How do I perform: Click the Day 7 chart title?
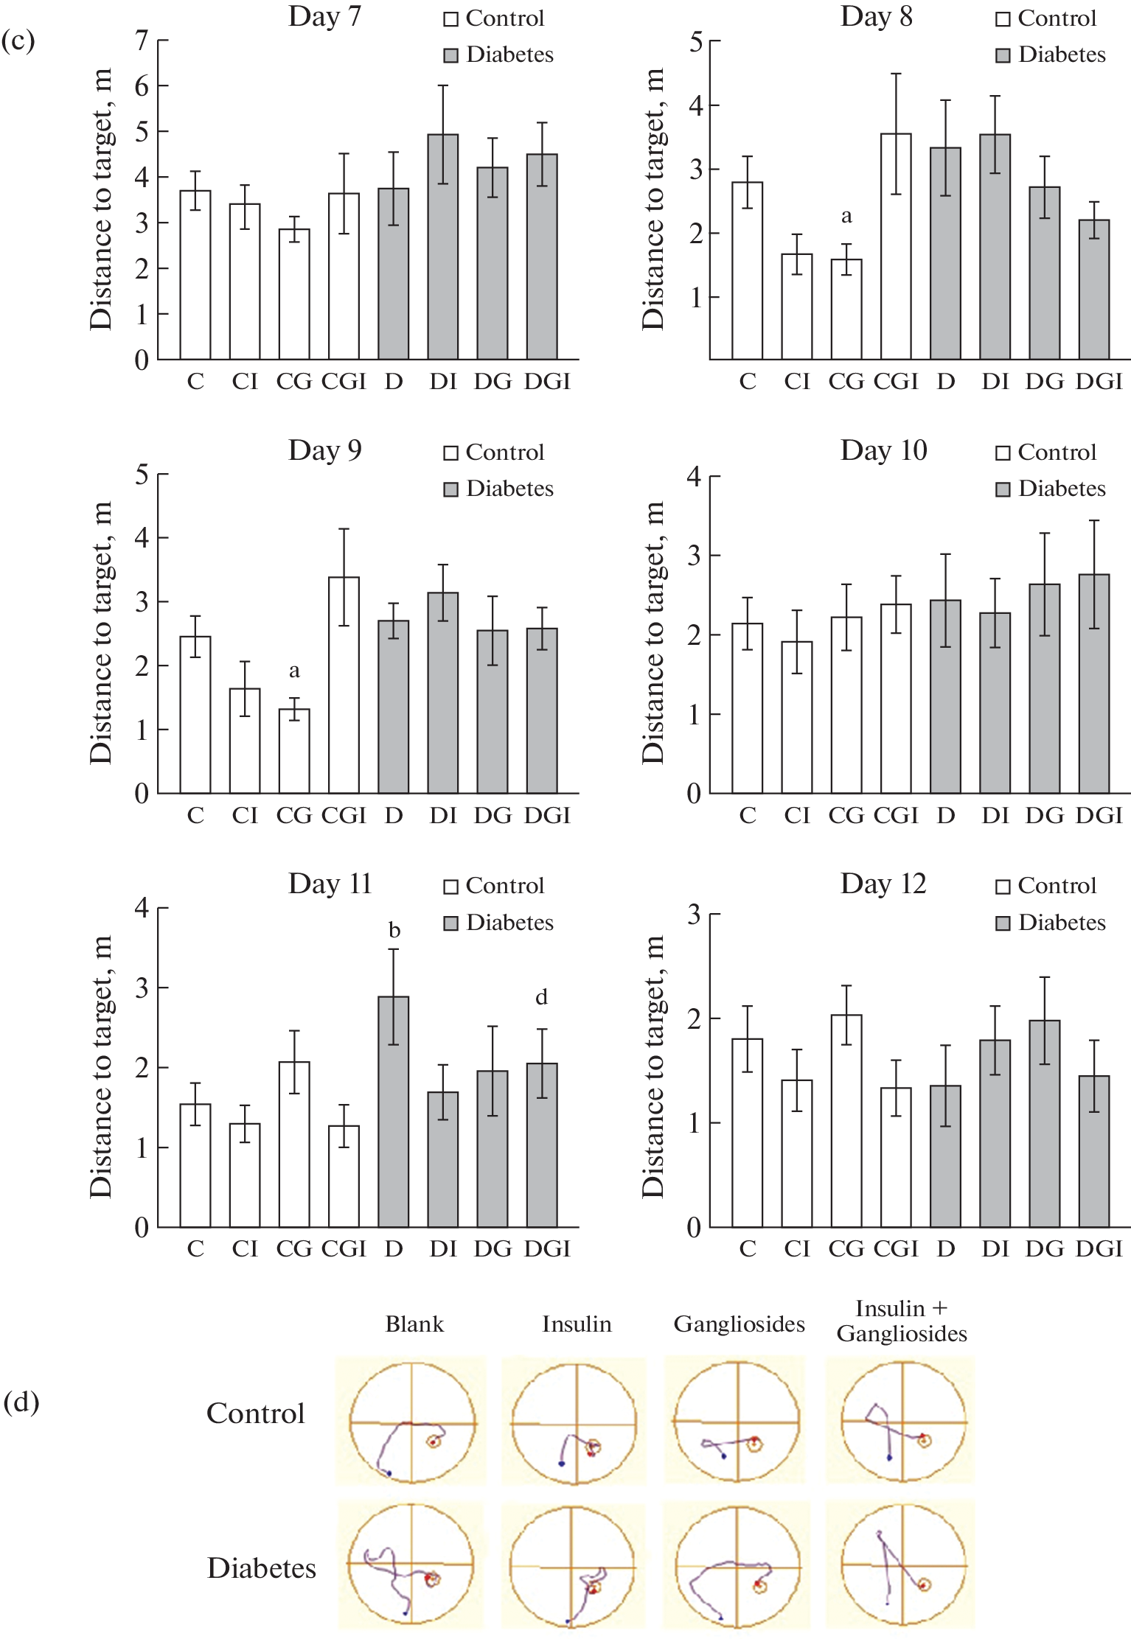324,16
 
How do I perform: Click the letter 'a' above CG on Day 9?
294,671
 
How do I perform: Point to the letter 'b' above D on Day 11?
394,931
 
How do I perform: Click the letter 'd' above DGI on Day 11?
541,997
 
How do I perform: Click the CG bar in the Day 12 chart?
846,1120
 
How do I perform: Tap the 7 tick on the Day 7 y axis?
142,41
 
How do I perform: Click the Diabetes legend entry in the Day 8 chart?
1051,55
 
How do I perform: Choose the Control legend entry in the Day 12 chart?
1047,886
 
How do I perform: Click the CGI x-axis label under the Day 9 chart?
344,815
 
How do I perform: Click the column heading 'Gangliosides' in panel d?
739,1324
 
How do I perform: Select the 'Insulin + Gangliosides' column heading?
902,1321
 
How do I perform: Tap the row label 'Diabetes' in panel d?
261,1568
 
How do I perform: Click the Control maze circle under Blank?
412,1422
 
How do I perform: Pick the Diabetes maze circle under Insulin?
572,1565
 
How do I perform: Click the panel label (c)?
18,41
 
